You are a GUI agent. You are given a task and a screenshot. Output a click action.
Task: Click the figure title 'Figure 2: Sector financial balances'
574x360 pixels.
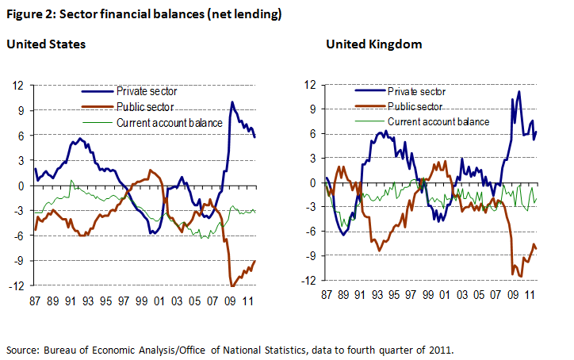point(143,14)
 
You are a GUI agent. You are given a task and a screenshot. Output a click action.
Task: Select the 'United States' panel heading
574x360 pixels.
point(46,44)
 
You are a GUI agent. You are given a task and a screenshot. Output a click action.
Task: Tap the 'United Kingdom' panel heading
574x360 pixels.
point(373,44)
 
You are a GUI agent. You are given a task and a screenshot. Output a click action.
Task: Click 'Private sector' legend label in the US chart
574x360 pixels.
point(147,90)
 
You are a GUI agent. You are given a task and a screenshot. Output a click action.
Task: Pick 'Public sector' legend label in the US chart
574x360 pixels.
point(145,105)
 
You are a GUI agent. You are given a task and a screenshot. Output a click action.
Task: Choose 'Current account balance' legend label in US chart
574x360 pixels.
point(169,121)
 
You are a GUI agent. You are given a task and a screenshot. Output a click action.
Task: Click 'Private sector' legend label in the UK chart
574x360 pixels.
point(419,91)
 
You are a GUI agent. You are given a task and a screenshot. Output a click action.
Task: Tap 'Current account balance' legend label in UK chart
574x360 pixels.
point(439,121)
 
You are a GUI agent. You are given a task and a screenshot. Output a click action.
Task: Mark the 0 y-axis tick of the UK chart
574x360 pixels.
point(312,182)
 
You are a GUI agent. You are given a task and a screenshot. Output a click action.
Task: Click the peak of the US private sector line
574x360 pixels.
point(232,101)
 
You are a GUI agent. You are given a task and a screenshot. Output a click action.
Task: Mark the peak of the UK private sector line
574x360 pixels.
point(519,91)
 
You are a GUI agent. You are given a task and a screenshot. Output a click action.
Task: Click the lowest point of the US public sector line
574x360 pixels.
point(232,285)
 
